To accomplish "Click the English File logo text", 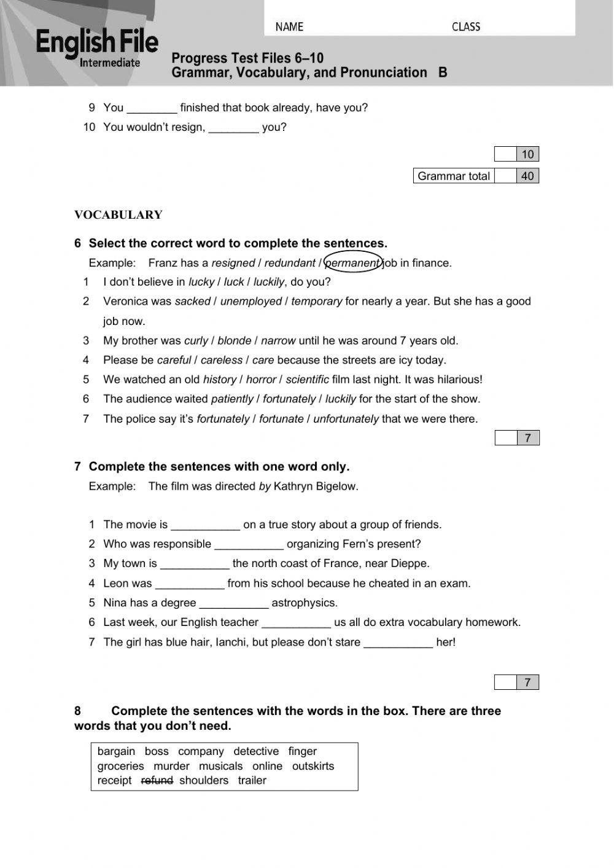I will click(x=97, y=42).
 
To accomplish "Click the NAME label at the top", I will click(x=289, y=27).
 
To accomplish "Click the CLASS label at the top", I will click(x=466, y=27).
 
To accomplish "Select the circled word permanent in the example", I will click(x=352, y=263).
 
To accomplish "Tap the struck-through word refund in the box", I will click(x=157, y=780).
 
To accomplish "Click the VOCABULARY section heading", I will click(x=119, y=215).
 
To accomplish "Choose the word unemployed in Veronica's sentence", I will click(x=251, y=301).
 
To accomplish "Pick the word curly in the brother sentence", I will click(x=196, y=340).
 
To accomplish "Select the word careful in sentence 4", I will click(x=174, y=360).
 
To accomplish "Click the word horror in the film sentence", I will click(x=261, y=380).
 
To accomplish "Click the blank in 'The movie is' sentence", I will click(x=205, y=525).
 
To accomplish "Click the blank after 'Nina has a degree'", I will click(x=234, y=603).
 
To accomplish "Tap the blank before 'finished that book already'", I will click(x=152, y=108).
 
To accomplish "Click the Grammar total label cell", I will click(x=454, y=176).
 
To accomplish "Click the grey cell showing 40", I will click(x=527, y=176).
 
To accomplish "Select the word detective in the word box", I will click(x=256, y=751).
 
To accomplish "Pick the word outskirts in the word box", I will click(x=313, y=766).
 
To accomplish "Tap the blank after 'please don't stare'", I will click(x=398, y=643).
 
